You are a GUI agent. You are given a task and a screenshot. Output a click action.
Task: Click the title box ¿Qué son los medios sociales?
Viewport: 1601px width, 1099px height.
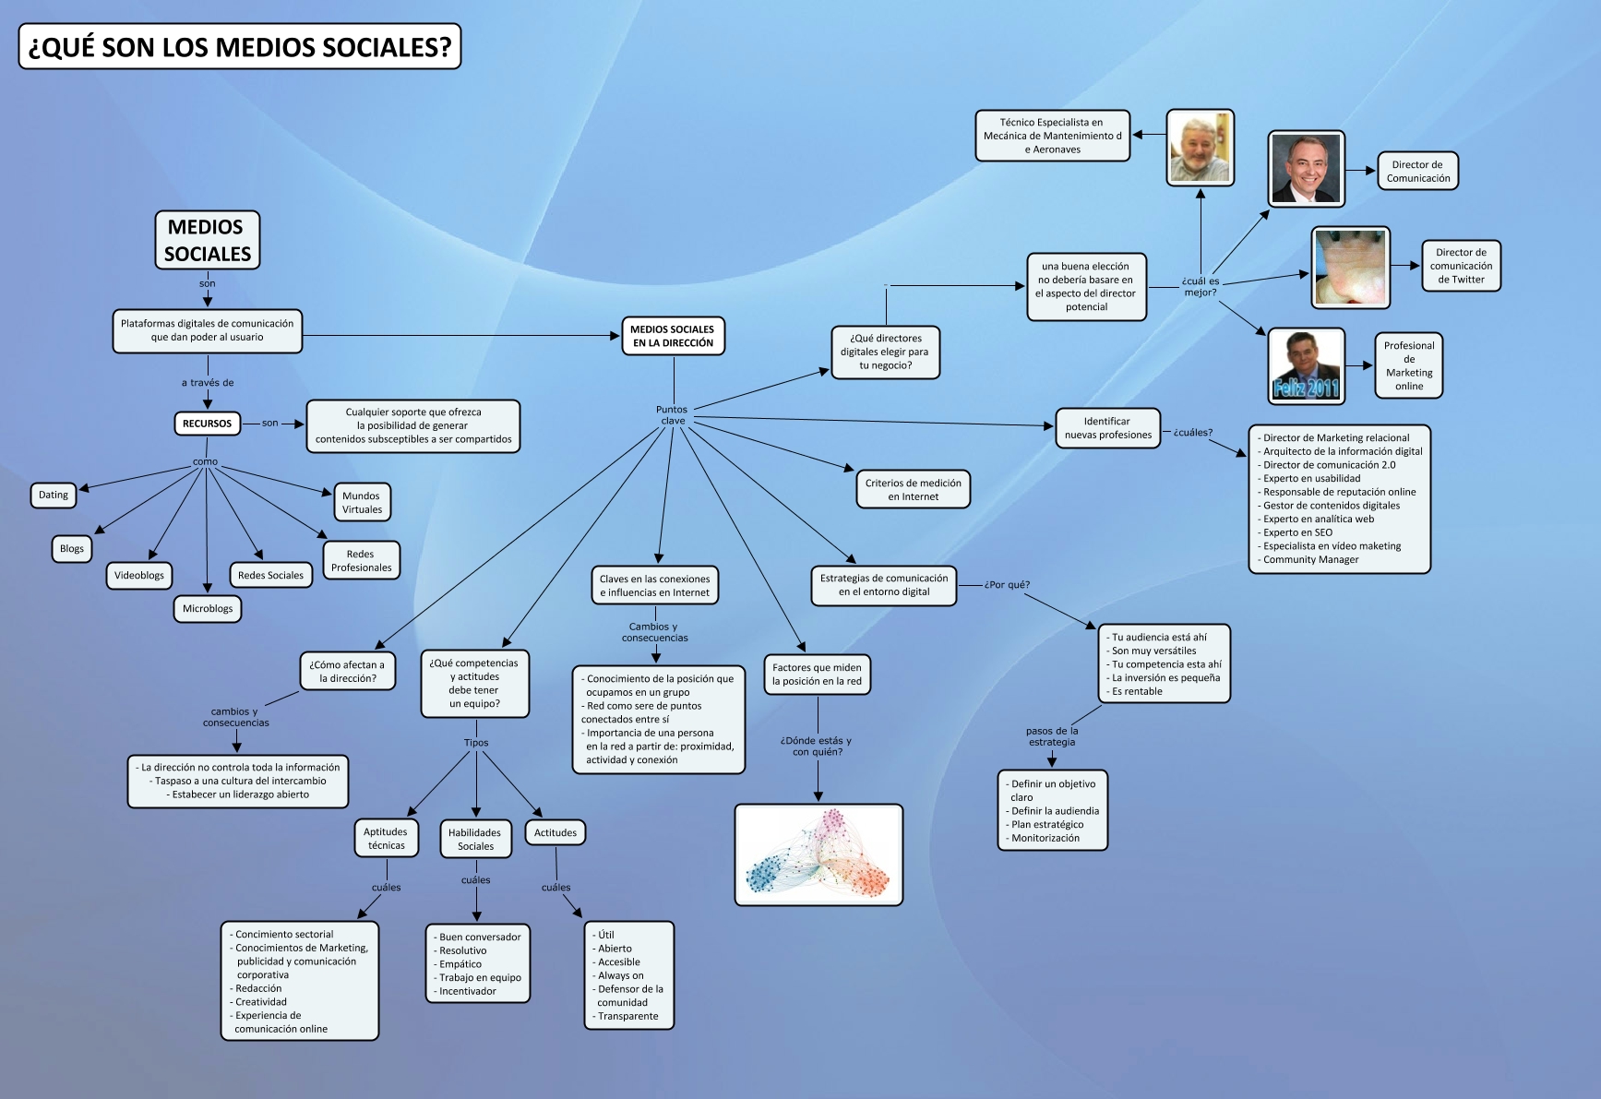click(239, 47)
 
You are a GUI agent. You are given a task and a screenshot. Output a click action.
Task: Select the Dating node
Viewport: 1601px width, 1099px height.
click(54, 496)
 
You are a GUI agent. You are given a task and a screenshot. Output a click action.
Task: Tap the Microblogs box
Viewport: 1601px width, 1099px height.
click(208, 609)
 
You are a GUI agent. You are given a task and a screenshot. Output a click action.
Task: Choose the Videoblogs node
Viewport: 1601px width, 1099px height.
click(139, 576)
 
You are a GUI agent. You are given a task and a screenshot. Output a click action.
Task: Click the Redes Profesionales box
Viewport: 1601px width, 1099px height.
click(362, 561)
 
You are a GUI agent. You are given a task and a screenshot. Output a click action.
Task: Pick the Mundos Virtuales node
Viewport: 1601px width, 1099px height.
click(362, 503)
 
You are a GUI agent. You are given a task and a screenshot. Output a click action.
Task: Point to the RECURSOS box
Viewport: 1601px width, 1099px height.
click(207, 424)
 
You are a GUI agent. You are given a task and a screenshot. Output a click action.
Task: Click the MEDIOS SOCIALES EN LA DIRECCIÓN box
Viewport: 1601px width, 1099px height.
click(672, 336)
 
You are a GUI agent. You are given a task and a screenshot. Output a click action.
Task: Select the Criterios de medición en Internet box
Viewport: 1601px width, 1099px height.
click(913, 490)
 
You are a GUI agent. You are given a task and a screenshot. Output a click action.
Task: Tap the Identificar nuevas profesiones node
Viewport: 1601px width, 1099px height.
click(1107, 428)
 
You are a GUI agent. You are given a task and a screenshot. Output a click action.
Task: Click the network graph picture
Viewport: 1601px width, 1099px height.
click(818, 854)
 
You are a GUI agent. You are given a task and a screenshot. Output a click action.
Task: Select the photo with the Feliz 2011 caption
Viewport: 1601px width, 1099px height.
click(1306, 365)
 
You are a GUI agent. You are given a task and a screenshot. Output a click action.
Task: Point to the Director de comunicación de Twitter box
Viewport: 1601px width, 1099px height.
click(1461, 266)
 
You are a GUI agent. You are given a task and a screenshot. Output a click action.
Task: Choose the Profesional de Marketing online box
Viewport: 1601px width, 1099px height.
click(1408, 365)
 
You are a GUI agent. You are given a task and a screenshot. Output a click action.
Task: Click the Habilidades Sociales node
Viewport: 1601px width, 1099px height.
click(475, 839)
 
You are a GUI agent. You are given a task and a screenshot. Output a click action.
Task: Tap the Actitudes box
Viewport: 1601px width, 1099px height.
click(556, 832)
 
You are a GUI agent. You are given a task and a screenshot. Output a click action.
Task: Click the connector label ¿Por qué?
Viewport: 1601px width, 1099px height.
click(1007, 585)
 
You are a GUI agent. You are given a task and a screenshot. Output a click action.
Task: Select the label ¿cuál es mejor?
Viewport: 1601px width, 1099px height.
click(1201, 287)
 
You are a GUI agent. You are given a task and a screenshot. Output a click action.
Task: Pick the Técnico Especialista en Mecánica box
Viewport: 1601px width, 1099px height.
click(1052, 136)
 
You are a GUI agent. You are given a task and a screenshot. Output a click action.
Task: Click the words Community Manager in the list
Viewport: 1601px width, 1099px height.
click(1310, 559)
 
